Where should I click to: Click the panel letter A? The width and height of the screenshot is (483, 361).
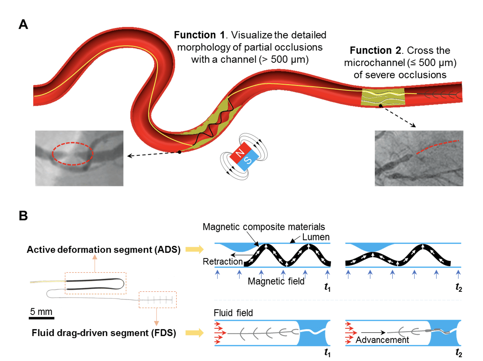(23, 24)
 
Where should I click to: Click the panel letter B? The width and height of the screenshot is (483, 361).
(23, 216)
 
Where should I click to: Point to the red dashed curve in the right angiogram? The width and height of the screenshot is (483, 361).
(436, 145)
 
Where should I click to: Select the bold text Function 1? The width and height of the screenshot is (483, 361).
(199, 35)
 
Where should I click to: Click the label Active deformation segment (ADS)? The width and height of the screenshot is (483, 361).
(104, 249)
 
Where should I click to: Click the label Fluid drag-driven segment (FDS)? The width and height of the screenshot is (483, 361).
(104, 333)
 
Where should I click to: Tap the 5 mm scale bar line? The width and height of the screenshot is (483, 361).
(42, 318)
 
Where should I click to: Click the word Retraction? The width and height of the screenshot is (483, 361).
(223, 261)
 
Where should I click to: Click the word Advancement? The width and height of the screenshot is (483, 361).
(382, 340)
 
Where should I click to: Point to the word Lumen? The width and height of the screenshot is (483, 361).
(316, 237)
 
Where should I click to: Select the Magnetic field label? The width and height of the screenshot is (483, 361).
(276, 281)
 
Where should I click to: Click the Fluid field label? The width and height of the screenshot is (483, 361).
(233, 313)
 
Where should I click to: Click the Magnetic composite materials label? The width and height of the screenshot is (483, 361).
(263, 227)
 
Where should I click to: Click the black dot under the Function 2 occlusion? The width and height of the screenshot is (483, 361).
(380, 106)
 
